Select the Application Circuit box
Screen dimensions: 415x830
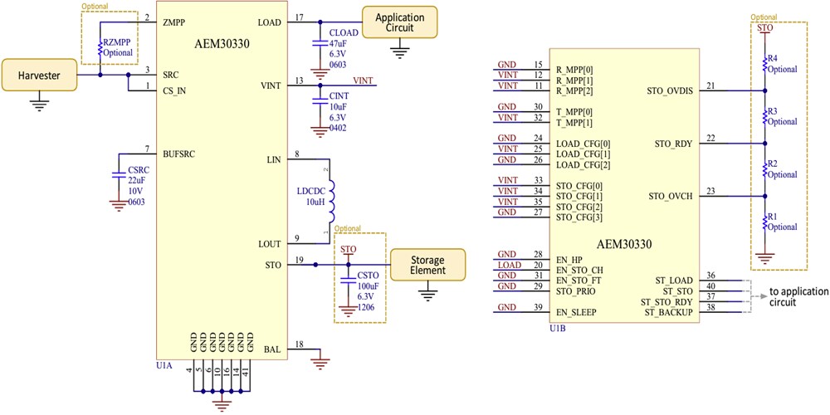pyautogui.click(x=399, y=22)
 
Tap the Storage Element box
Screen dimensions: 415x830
pyautogui.click(x=427, y=265)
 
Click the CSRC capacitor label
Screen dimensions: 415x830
pyautogui.click(x=137, y=170)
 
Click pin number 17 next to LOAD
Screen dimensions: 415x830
pyautogui.click(x=299, y=17)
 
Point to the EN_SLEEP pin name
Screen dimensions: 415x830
pyautogui.click(x=578, y=312)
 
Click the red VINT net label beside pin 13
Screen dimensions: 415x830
pyautogui.click(x=363, y=81)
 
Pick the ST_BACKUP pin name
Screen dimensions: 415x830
pyautogui.click(x=666, y=312)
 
